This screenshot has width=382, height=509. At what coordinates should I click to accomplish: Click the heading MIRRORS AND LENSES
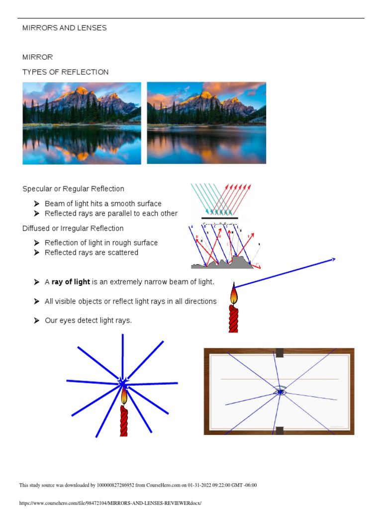tap(64, 28)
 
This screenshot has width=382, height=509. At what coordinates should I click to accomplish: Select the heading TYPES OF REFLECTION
tap(65, 72)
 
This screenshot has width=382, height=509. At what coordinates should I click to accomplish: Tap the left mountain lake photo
tap(82, 123)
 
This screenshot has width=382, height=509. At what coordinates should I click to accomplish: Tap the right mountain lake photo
tap(206, 123)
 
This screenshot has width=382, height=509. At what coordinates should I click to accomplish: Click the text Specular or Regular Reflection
tap(73, 189)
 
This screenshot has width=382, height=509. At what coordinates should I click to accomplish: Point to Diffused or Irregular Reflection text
tap(73, 228)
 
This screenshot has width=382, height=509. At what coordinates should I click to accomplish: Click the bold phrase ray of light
tap(71, 282)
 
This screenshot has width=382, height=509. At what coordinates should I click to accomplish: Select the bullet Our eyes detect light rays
tap(88, 321)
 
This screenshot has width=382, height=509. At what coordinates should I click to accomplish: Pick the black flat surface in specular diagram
tap(219, 218)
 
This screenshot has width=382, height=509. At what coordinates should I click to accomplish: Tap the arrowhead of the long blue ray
tap(333, 259)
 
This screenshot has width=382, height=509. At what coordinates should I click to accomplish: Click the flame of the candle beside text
tap(234, 294)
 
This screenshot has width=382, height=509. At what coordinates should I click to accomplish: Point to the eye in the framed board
tap(280, 392)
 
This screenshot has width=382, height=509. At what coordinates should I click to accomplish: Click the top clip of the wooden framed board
tap(280, 352)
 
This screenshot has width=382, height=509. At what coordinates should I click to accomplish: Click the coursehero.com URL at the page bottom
tap(110, 503)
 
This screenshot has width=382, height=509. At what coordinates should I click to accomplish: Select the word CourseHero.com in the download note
tap(167, 485)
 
